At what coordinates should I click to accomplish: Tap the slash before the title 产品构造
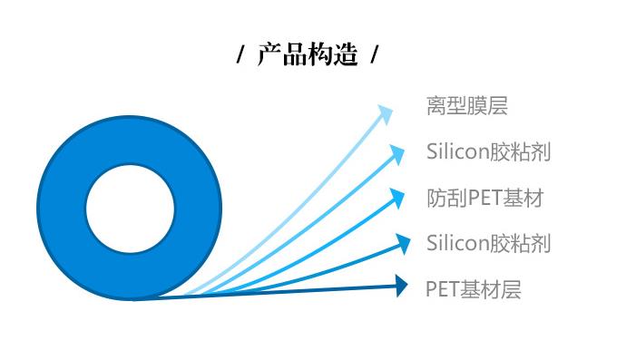click(240, 56)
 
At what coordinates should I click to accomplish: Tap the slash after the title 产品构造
click(374, 56)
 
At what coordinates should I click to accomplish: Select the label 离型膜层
click(466, 107)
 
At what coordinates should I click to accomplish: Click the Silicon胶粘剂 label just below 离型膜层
click(488, 152)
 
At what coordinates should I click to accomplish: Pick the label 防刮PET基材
click(484, 198)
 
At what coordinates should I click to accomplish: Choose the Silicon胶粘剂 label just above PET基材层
click(488, 243)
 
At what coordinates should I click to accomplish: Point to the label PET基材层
click(474, 289)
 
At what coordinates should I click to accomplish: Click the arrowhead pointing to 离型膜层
click(386, 113)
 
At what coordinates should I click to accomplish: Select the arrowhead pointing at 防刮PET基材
click(396, 197)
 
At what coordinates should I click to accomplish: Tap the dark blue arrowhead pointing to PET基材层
click(402, 287)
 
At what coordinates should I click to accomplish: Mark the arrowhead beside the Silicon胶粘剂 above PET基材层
click(400, 242)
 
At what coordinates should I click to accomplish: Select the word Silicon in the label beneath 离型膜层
click(457, 152)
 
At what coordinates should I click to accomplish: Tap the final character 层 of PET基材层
click(512, 289)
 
